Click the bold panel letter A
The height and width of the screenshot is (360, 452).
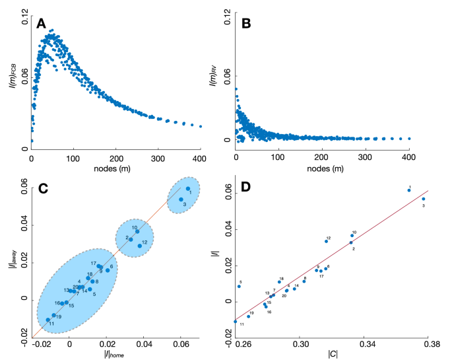[41, 24]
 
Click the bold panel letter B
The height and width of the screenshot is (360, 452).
[245, 24]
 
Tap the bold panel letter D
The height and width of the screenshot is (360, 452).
[245, 188]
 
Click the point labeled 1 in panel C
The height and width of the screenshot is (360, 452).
[188, 189]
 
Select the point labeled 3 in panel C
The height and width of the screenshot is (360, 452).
[181, 199]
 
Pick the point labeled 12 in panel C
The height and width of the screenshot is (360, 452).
[140, 246]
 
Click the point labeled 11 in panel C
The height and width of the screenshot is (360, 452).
[48, 320]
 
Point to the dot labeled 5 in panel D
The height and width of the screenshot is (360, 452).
[239, 286]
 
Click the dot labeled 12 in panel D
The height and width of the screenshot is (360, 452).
[326, 241]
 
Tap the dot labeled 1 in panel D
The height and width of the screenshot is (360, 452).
[409, 190]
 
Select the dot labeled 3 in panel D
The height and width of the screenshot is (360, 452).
[424, 199]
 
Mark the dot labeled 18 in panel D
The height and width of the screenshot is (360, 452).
[279, 282]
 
